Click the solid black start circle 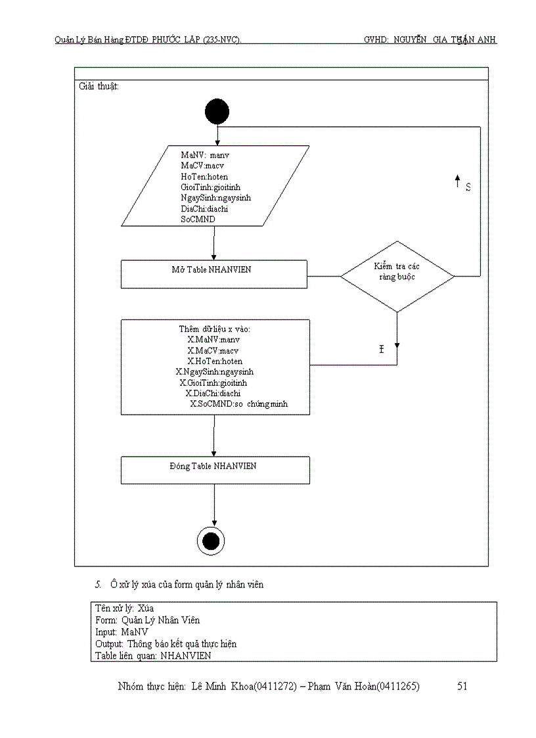[x=217, y=112]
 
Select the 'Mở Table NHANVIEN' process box [x=213, y=273]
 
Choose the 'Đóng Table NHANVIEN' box [x=215, y=470]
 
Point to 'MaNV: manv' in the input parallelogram [x=205, y=155]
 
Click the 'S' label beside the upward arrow [x=468, y=187]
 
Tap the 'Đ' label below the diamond [x=381, y=350]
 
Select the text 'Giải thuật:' [x=99, y=87]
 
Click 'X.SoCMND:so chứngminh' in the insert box [x=239, y=404]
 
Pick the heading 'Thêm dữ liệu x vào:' [x=214, y=329]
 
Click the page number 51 [x=462, y=687]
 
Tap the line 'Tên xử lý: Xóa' [x=125, y=609]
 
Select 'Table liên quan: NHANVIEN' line [x=153, y=655]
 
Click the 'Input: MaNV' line [x=122, y=632]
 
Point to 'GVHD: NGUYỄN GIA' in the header [x=405, y=40]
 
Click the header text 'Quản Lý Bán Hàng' [x=85, y=40]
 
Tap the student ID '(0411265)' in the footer [x=397, y=687]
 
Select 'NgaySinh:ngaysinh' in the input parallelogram [x=215, y=198]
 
